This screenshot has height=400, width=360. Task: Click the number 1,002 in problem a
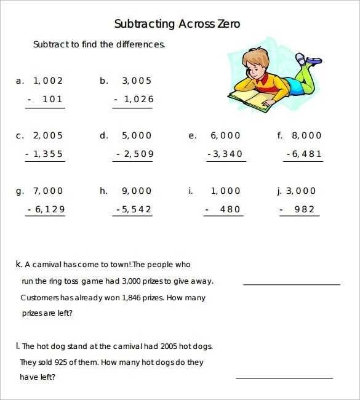click(48, 81)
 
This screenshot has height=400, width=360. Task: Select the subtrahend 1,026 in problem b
click(138, 99)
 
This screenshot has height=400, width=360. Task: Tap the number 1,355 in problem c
click(48, 154)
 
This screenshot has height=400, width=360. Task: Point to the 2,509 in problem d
click(138, 154)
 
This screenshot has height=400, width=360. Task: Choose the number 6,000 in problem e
click(226, 135)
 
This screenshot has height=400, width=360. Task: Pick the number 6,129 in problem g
click(50, 209)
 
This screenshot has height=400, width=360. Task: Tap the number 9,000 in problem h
click(137, 191)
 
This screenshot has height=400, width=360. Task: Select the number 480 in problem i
click(230, 209)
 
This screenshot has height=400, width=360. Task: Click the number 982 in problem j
click(304, 209)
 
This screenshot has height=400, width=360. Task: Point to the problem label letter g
click(19, 191)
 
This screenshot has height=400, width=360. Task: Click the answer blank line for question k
click(292, 284)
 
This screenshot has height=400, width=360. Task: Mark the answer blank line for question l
click(284, 378)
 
